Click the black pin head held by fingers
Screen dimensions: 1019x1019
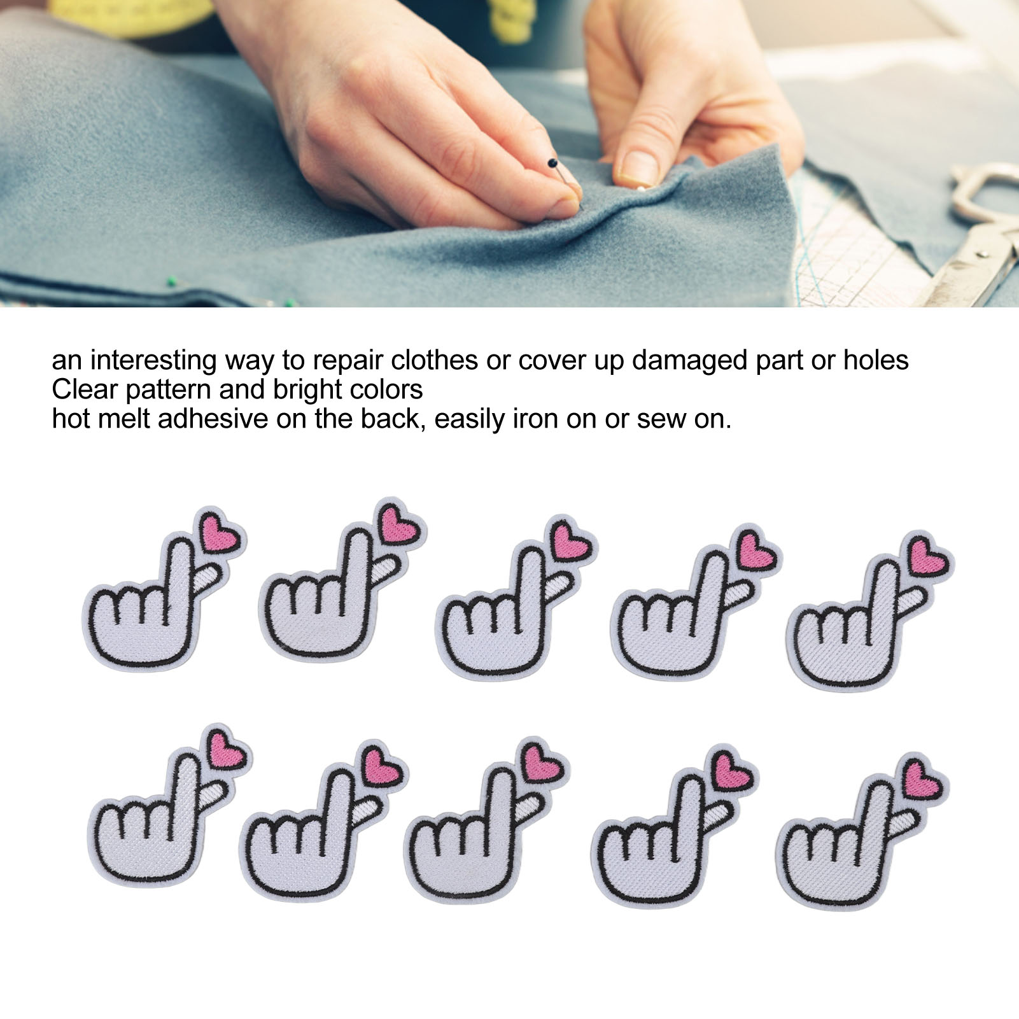552,164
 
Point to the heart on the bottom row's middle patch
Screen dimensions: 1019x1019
542,764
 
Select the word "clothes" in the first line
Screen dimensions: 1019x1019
434,360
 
